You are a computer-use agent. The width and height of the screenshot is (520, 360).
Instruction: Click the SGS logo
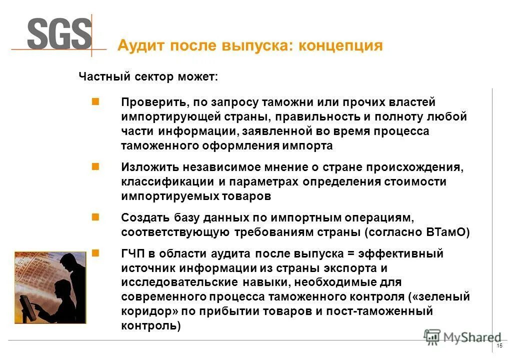59,34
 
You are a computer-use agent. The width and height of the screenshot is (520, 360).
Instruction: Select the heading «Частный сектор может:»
148,77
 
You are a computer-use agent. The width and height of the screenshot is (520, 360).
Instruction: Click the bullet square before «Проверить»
95,101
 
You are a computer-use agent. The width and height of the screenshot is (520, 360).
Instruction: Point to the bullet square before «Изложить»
95,166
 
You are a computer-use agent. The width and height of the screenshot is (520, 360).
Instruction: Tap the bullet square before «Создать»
95,217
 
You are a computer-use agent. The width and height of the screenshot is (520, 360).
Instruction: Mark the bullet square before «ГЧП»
95,252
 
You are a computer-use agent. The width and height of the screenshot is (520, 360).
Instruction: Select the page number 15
499,347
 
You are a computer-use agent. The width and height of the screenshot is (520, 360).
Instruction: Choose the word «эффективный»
407,253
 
